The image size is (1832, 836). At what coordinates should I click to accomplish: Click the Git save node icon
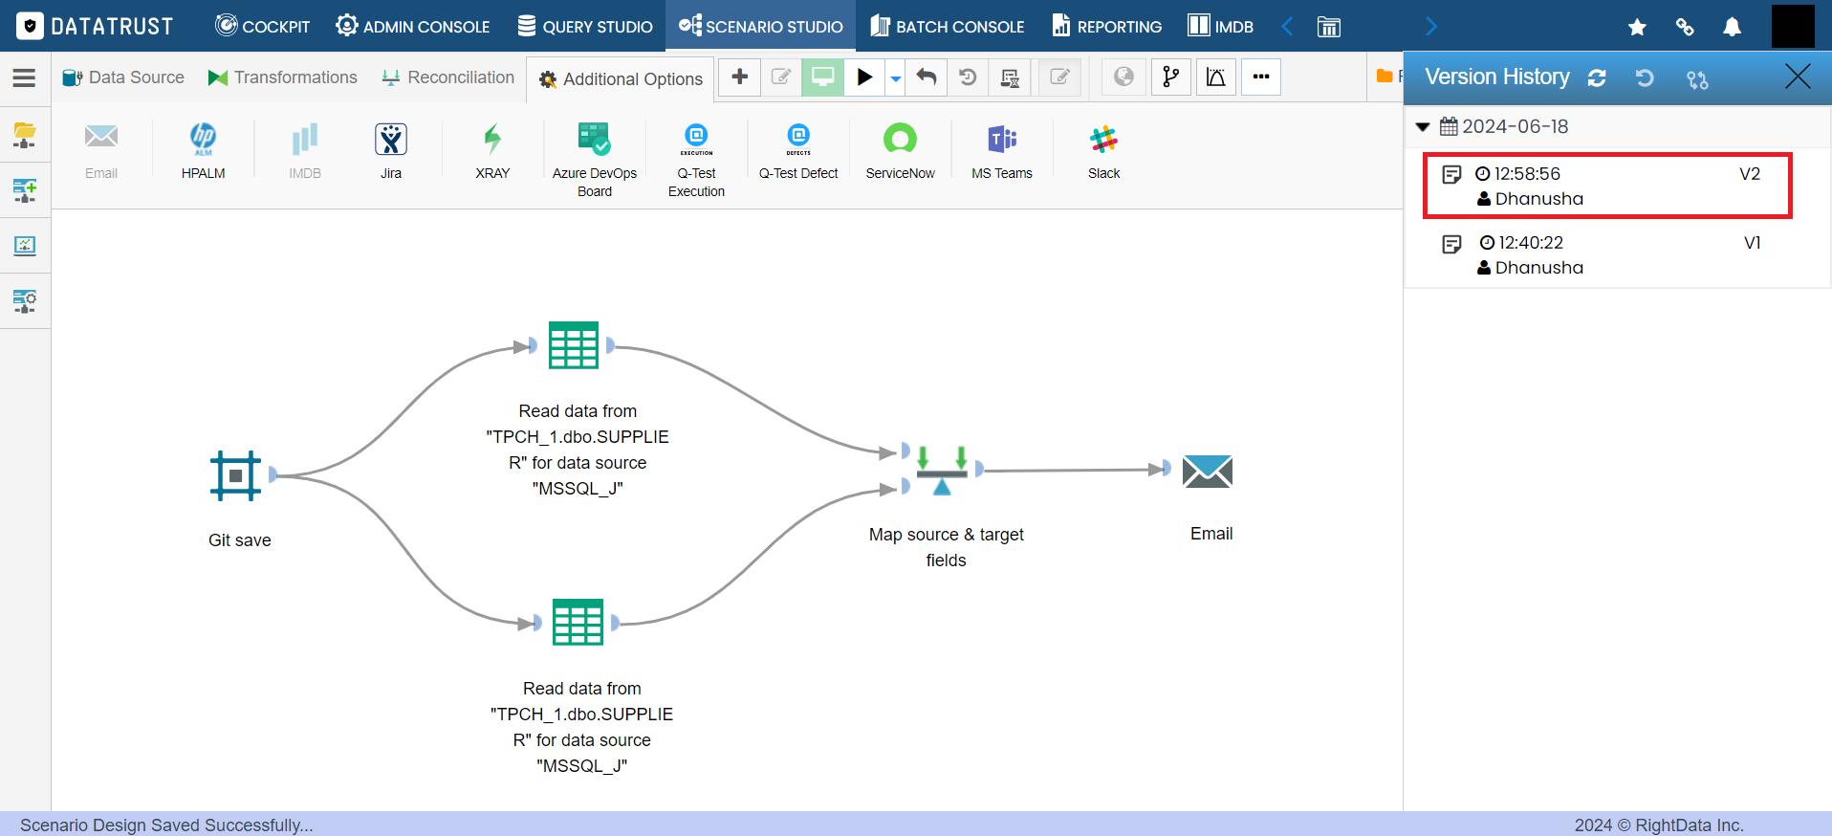(x=235, y=475)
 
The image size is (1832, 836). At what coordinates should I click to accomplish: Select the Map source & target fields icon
(x=942, y=470)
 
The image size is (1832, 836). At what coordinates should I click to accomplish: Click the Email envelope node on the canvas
(x=1208, y=471)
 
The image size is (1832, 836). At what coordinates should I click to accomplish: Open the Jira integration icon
(x=391, y=140)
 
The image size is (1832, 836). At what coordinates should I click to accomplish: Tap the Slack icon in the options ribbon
(x=1103, y=140)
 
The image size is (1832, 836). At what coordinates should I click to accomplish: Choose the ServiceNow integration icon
(x=900, y=140)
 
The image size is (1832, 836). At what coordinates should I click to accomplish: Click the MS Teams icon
(x=1002, y=140)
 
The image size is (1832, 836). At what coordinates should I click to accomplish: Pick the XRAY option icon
(x=492, y=140)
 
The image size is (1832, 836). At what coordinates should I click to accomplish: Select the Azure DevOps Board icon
(x=594, y=140)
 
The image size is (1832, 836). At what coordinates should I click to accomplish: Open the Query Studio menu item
(x=585, y=26)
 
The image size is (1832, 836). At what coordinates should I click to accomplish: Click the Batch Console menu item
(x=947, y=26)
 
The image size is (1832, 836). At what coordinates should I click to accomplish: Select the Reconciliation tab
(x=447, y=77)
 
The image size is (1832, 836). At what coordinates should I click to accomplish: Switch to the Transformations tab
(x=283, y=77)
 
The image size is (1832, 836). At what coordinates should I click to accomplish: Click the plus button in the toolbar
(x=740, y=77)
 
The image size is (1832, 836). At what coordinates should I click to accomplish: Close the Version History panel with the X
(x=1798, y=77)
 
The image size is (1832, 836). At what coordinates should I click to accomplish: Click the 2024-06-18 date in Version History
(x=1515, y=126)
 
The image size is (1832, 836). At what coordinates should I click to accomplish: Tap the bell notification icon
(x=1732, y=27)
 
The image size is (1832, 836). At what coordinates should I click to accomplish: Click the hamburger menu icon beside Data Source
(x=24, y=77)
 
